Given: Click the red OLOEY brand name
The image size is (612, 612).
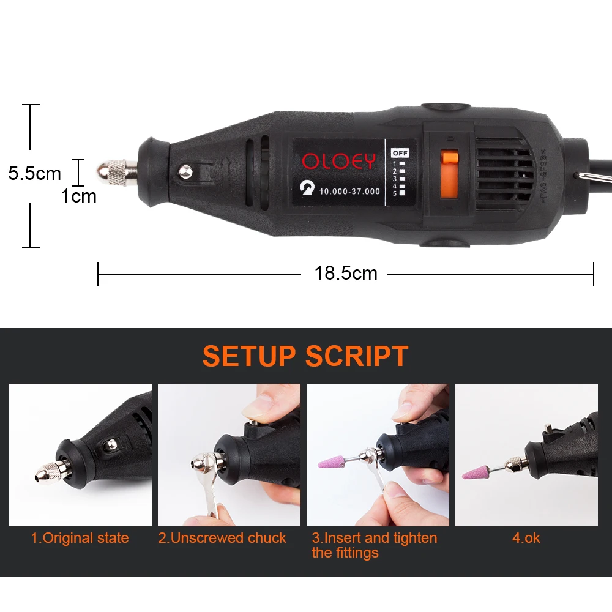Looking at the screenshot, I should click(x=338, y=162).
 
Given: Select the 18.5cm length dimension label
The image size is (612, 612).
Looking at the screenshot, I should click(x=346, y=273).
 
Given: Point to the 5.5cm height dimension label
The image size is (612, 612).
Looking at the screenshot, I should click(x=35, y=173).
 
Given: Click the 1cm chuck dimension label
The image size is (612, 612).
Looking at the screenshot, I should click(x=79, y=196).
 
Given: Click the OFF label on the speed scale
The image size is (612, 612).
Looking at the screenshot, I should click(x=400, y=152).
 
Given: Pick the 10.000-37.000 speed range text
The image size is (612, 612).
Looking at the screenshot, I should click(x=349, y=192).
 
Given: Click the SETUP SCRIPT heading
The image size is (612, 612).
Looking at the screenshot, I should click(x=305, y=356).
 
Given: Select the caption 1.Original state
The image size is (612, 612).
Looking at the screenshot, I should click(x=80, y=539).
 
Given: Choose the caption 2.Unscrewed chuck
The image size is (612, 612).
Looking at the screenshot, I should click(x=222, y=539).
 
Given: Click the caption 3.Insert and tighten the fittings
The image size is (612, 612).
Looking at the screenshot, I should click(x=374, y=545).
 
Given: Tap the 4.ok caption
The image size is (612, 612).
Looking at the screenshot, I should click(x=526, y=539).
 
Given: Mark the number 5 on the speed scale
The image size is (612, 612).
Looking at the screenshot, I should click(x=395, y=193).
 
